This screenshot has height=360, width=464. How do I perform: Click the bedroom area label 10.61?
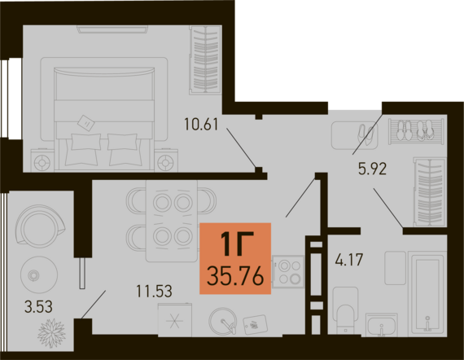[x=201, y=124]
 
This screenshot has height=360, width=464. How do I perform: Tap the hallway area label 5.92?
[x=372, y=169]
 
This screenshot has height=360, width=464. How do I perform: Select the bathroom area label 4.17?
[x=349, y=260]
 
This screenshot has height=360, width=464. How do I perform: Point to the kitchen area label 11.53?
[x=154, y=291]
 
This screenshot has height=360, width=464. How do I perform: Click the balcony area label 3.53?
[x=38, y=306]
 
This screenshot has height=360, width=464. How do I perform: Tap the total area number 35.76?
[x=235, y=276]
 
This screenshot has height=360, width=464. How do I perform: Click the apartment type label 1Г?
[x=236, y=244]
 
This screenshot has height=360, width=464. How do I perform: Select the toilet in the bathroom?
[x=346, y=310]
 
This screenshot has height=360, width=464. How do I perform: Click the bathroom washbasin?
[x=382, y=325]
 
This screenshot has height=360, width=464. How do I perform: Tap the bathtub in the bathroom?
[x=427, y=294]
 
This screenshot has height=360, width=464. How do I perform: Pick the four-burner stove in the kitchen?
[x=288, y=271]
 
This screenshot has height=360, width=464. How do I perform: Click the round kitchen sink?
[x=223, y=321]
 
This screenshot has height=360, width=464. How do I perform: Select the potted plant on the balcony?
[x=51, y=333]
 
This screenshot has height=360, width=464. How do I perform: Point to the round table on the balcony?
[x=39, y=274]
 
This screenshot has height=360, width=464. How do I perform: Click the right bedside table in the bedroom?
[x=166, y=160]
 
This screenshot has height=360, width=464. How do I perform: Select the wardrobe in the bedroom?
[x=205, y=59]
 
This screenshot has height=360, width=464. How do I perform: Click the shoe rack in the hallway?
[x=416, y=131]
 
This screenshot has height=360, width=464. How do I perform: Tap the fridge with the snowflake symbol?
[x=174, y=320]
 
